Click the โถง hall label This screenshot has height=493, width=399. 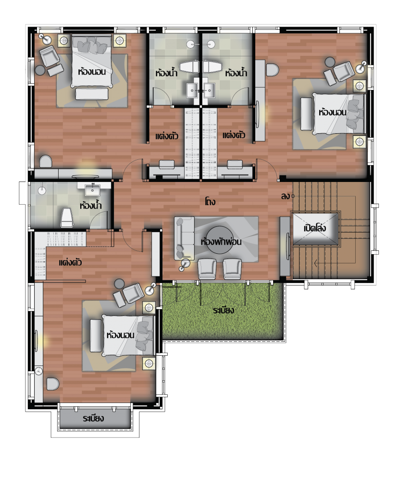pyautogui.click(x=210, y=201)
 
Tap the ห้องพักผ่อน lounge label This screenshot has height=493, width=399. pyautogui.click(x=221, y=242)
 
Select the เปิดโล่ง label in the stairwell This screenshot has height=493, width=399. pyautogui.click(x=314, y=228)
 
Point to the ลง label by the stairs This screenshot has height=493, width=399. pyautogui.click(x=286, y=196)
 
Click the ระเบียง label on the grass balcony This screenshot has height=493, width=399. pyautogui.click(x=223, y=311)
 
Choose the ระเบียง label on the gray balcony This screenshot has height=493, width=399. pyautogui.click(x=93, y=418)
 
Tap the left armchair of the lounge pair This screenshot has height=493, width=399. pyautogui.click(x=207, y=269)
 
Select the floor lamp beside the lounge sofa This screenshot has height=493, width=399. pyautogui.click(x=185, y=264)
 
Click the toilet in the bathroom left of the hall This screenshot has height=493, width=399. pyautogui.click(x=66, y=217)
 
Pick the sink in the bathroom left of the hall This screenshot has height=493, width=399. pyautogui.click(x=93, y=190)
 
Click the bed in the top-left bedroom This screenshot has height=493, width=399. pyautogui.click(x=91, y=61)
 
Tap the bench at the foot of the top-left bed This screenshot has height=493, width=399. pyautogui.click(x=92, y=94)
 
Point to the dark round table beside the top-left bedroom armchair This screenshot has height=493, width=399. pyautogui.click(x=40, y=70)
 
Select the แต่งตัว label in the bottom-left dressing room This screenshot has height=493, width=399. pyautogui.click(x=71, y=262)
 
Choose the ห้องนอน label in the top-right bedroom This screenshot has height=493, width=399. pyautogui.click(x=333, y=112)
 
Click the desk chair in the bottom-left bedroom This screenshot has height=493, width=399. pyautogui.click(x=53, y=384)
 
